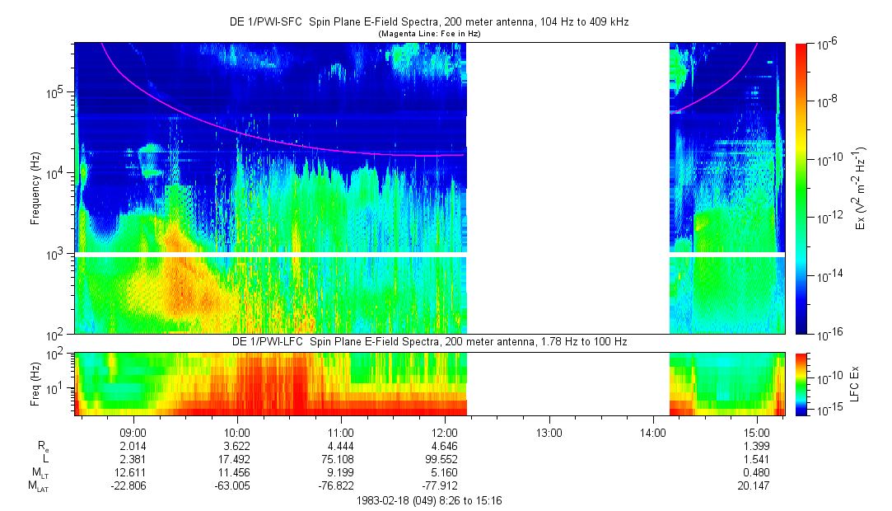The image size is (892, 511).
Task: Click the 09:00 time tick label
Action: pyautogui.click(x=133, y=431)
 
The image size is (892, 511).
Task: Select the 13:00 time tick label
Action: pyautogui.click(x=549, y=431)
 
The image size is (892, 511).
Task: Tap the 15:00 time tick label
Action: pyautogui.click(x=756, y=431)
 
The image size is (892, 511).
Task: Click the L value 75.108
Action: pyautogui.click(x=341, y=459)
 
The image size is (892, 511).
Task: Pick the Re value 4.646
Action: pyautogui.click(x=445, y=446)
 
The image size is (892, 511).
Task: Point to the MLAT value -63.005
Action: pyautogui.click(x=236, y=485)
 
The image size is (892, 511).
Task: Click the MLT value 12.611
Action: pyautogui.click(x=133, y=472)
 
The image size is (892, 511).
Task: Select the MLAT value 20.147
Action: pyautogui.click(x=756, y=485)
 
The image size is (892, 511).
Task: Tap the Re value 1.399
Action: pyautogui.click(x=756, y=446)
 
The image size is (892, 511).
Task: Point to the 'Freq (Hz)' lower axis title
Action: pyautogui.click(x=36, y=383)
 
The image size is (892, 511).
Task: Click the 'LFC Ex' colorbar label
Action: pyautogui.click(x=857, y=383)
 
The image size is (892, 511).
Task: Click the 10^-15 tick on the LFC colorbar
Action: pyautogui.click(x=828, y=410)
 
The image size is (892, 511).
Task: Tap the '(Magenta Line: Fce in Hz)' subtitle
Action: pyautogui.click(x=429, y=34)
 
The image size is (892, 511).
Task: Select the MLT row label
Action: pyautogui.click(x=34, y=472)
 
